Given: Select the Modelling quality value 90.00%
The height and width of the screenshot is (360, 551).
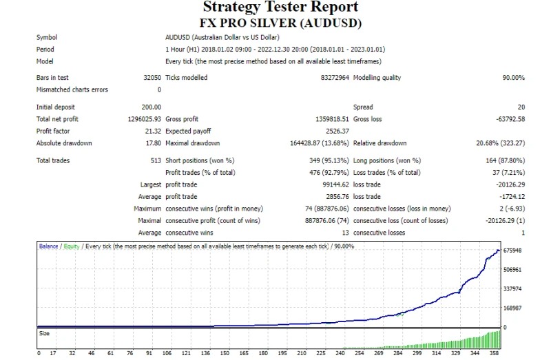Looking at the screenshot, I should click(x=510, y=78).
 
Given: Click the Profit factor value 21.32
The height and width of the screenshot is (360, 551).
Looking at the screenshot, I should click(x=152, y=131).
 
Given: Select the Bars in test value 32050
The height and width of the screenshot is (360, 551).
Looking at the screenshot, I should click(x=151, y=78).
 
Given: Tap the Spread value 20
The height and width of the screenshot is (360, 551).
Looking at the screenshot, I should click(x=521, y=107).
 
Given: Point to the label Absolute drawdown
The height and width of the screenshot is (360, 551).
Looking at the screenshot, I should click(x=64, y=143).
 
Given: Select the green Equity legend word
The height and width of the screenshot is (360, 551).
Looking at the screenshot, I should click(x=72, y=246).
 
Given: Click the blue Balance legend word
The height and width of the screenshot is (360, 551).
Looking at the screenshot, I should click(x=48, y=246).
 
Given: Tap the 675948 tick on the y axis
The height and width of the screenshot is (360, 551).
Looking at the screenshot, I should click(x=512, y=251).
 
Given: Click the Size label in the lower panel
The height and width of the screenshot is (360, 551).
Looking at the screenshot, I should click(x=43, y=333).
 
